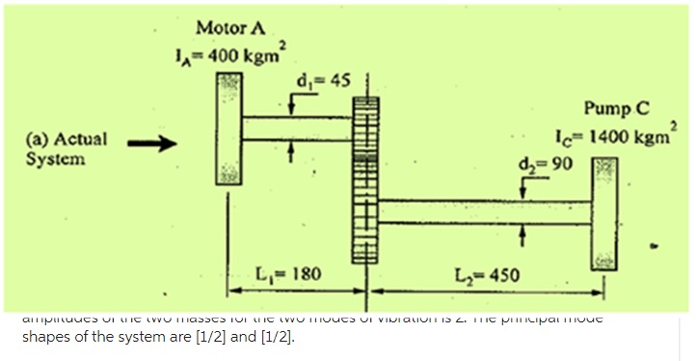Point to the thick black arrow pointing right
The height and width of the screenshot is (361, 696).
tap(149, 147)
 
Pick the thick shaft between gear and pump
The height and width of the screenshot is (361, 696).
tap(483, 215)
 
